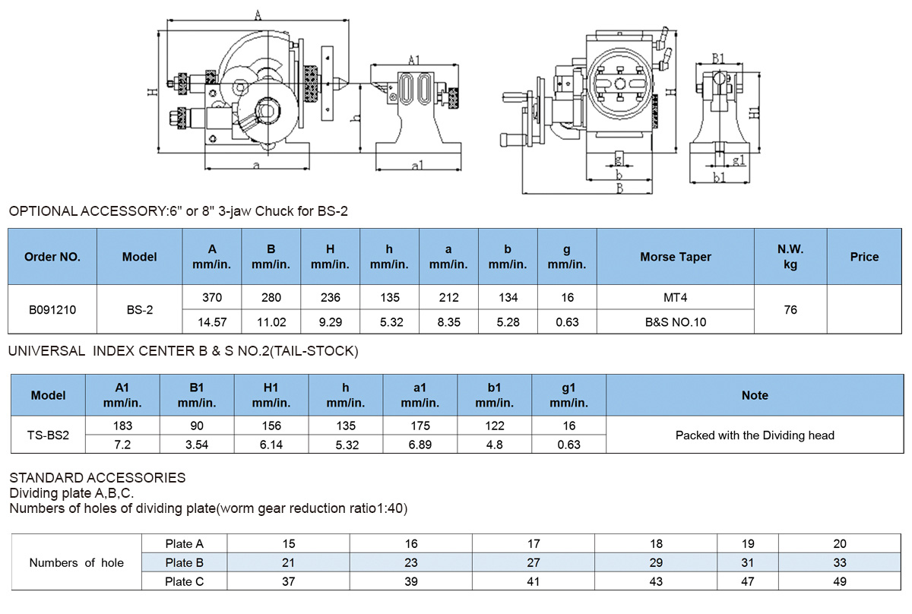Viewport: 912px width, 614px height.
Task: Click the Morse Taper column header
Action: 675,257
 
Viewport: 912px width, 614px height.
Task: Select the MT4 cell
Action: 675,298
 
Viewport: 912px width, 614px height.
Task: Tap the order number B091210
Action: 52,310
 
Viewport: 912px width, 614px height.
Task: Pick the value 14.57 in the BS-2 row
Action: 212,322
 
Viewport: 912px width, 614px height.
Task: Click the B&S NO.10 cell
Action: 676,322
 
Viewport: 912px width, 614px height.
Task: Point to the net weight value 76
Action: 790,310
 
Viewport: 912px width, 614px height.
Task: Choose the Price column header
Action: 864,257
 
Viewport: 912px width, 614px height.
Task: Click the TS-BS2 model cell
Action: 48,435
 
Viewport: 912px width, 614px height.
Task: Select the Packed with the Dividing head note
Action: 755,435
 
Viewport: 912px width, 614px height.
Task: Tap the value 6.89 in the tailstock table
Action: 420,445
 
